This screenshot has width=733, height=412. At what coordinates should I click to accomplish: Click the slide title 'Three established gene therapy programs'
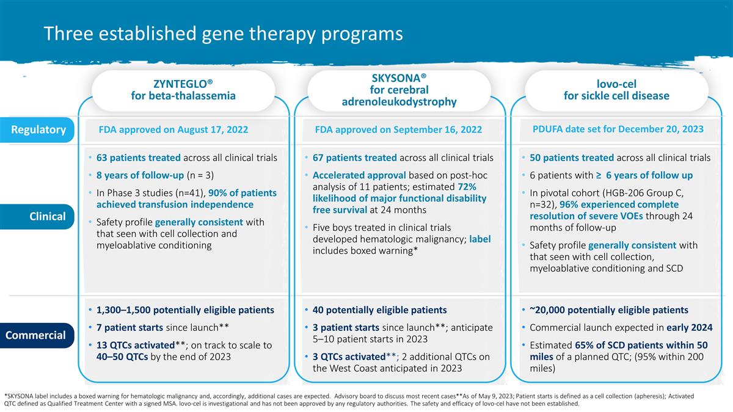[223, 34]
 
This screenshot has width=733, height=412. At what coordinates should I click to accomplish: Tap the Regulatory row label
[38, 129]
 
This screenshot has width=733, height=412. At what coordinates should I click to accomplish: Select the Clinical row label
[48, 216]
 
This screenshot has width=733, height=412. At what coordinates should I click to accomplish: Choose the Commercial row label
[35, 335]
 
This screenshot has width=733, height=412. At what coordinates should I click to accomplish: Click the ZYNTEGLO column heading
[183, 90]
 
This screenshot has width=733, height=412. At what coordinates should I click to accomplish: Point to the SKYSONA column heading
[399, 90]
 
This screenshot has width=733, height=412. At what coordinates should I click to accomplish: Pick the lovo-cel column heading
[616, 90]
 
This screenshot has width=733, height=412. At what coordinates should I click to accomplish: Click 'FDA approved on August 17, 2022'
[173, 129]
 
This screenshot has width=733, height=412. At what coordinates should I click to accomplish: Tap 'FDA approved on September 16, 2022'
[398, 129]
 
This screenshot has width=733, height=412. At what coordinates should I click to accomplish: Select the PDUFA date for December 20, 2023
[618, 129]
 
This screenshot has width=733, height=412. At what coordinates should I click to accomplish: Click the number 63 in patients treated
[102, 157]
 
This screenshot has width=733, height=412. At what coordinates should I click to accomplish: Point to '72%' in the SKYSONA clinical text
[467, 187]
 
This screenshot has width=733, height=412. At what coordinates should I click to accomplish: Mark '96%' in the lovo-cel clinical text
[569, 204]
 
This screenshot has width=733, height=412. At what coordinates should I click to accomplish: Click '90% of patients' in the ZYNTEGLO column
[243, 193]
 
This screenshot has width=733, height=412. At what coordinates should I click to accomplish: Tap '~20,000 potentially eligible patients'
[609, 310]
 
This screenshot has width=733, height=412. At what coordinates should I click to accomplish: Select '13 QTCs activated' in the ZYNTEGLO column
[136, 345]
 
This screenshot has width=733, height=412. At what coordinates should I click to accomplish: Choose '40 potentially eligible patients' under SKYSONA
[379, 310]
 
